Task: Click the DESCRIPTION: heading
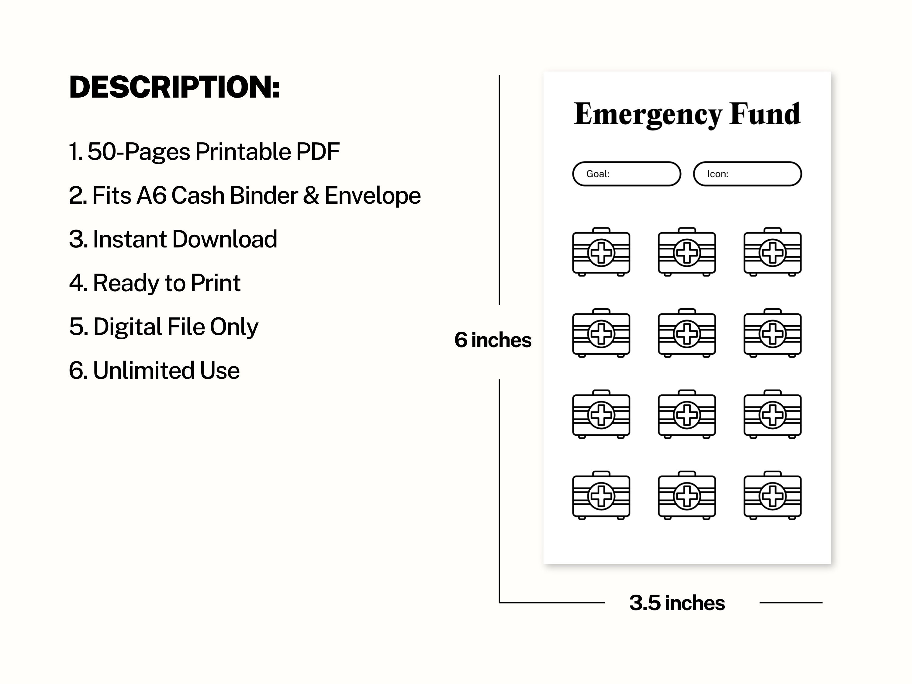174,88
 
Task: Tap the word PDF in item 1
318,152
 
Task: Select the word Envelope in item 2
373,195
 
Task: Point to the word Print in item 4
216,283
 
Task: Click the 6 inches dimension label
493,340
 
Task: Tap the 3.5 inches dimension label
677,603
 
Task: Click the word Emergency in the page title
648,115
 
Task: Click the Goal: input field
627,174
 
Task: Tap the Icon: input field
748,174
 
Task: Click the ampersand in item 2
311,195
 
